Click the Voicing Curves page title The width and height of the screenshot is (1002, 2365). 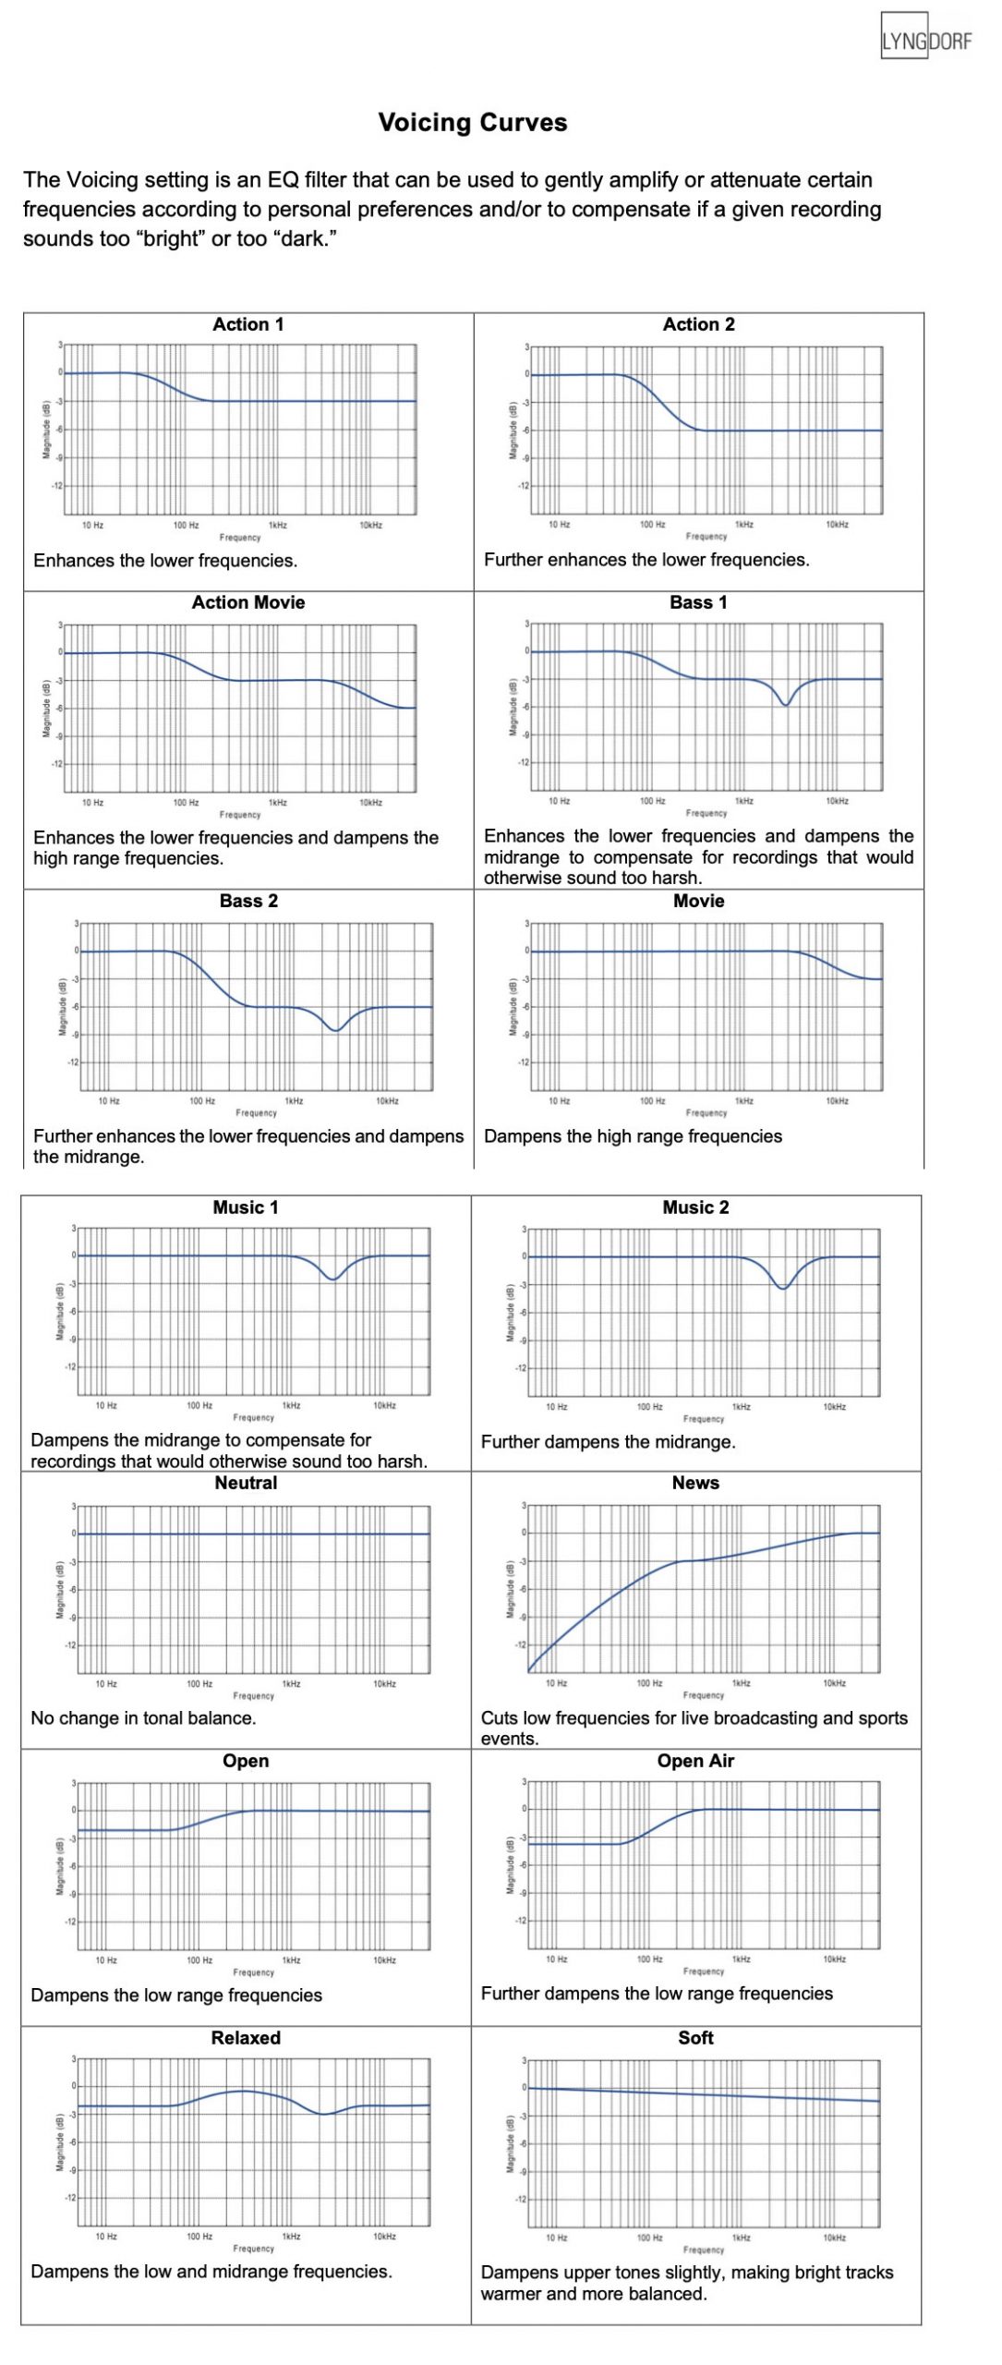click(472, 123)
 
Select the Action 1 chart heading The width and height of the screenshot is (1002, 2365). click(247, 324)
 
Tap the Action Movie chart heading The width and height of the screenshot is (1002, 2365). click(247, 602)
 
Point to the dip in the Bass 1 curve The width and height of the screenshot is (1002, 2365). click(785, 704)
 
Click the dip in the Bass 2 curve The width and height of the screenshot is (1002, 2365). click(336, 1029)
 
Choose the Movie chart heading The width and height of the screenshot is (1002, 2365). click(698, 901)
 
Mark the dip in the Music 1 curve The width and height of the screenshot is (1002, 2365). click(333, 1278)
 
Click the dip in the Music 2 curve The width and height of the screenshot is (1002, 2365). click(783, 1287)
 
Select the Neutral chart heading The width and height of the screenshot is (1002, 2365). click(246, 1483)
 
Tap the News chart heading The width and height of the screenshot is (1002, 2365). click(695, 1483)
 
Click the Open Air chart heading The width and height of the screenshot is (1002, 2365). click(695, 1761)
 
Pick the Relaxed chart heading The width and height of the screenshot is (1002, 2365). click(246, 2038)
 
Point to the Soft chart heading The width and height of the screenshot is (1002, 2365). click(695, 2038)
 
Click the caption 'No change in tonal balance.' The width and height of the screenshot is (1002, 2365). click(143, 1718)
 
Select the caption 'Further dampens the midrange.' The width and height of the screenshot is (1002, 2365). click(608, 1442)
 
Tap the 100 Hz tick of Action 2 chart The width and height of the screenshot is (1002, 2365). click(652, 525)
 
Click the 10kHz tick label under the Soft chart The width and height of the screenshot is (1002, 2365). click(834, 2238)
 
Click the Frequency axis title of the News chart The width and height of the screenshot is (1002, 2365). click(704, 1695)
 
